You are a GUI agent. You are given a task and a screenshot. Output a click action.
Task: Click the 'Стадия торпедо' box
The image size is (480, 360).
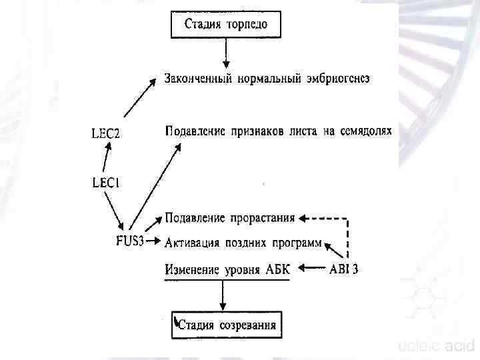[x=226, y=25]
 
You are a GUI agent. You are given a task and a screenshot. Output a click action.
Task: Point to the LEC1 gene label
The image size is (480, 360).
[x=106, y=181]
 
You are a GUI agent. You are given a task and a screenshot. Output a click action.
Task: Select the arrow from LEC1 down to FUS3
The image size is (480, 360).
[x=116, y=209]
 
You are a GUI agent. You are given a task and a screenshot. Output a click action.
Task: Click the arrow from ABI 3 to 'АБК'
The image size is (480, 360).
[x=312, y=269]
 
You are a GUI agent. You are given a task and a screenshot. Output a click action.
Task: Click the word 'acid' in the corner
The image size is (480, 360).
[x=460, y=346]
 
